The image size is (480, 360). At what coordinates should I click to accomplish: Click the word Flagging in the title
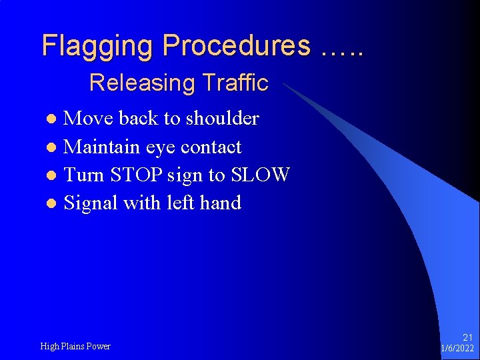click(98, 46)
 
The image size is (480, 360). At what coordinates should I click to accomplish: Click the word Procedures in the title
click(236, 46)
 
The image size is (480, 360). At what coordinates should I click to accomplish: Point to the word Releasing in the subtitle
click(131, 83)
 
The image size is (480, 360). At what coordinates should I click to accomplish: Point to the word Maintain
click(99, 147)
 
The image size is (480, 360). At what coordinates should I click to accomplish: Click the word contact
click(211, 147)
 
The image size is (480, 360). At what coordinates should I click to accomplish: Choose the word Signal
click(91, 203)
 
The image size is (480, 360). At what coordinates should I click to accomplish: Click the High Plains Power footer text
click(75, 346)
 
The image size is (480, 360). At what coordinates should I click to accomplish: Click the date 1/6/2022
click(457, 349)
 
